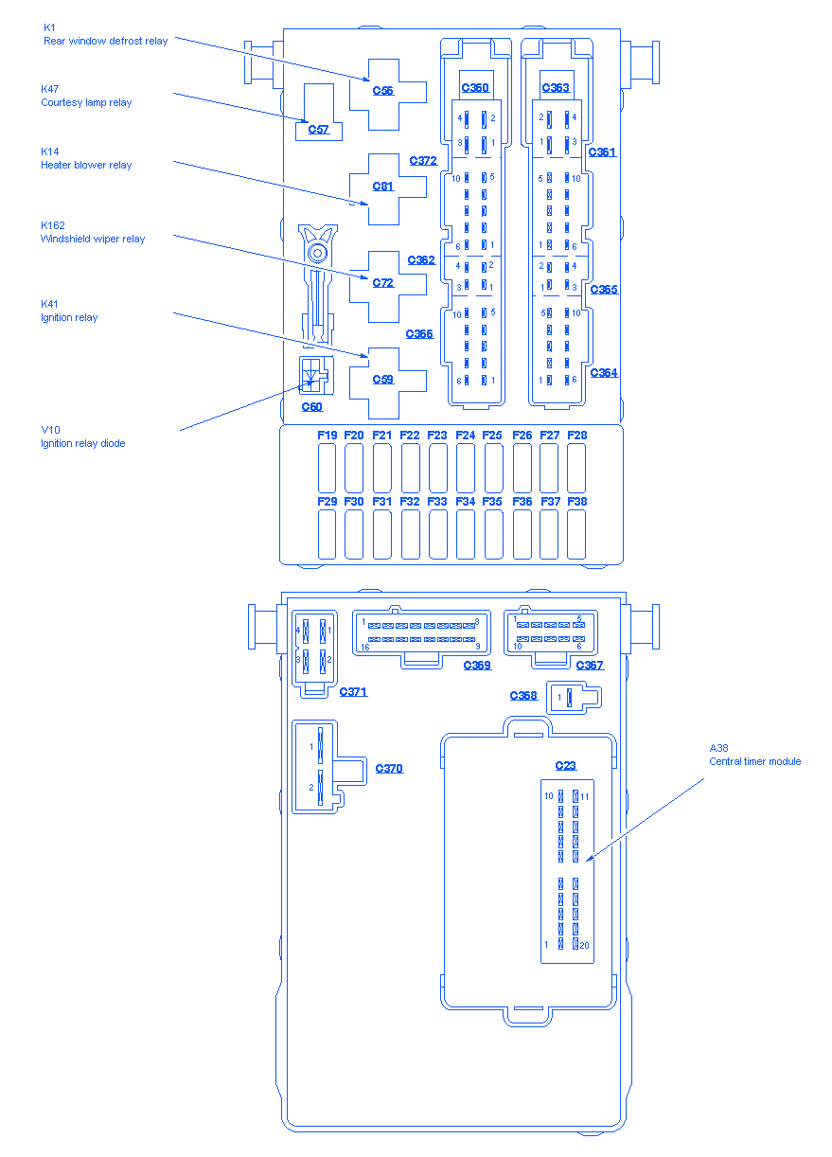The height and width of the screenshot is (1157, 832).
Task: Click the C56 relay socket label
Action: (x=382, y=90)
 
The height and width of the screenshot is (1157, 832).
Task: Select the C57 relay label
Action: (x=319, y=130)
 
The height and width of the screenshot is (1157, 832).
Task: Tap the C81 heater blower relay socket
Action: (x=382, y=187)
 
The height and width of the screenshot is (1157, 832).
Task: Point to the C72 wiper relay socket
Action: (x=382, y=282)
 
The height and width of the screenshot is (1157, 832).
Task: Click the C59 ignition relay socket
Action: (x=382, y=379)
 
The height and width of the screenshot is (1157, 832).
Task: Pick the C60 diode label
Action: (x=312, y=407)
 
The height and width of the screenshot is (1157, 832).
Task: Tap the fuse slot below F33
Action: (x=438, y=534)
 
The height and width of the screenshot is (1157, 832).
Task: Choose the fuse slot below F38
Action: (x=576, y=534)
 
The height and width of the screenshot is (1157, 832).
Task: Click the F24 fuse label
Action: (x=465, y=435)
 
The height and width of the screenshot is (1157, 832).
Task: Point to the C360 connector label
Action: (x=475, y=88)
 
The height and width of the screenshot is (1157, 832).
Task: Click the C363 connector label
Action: (x=556, y=88)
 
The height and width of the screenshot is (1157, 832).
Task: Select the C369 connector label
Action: (x=477, y=665)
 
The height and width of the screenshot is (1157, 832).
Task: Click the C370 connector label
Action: (x=389, y=768)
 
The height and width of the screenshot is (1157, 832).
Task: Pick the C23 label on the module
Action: (x=565, y=766)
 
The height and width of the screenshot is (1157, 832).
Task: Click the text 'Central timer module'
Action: (x=755, y=761)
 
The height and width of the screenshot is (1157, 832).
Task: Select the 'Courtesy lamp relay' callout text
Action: (x=86, y=102)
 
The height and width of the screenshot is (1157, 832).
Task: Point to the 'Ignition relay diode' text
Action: (x=82, y=443)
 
